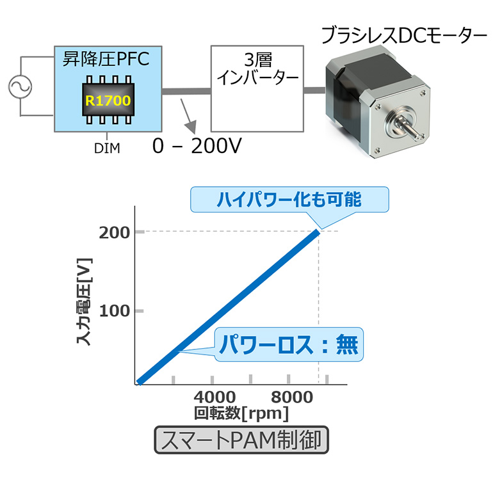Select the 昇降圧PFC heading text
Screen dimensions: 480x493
[x=105, y=61]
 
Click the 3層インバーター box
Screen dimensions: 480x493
[x=257, y=88]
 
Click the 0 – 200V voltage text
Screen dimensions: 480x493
[x=197, y=147]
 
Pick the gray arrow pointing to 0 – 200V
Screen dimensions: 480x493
[x=186, y=115]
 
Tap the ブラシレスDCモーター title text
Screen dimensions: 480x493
[x=404, y=35]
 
